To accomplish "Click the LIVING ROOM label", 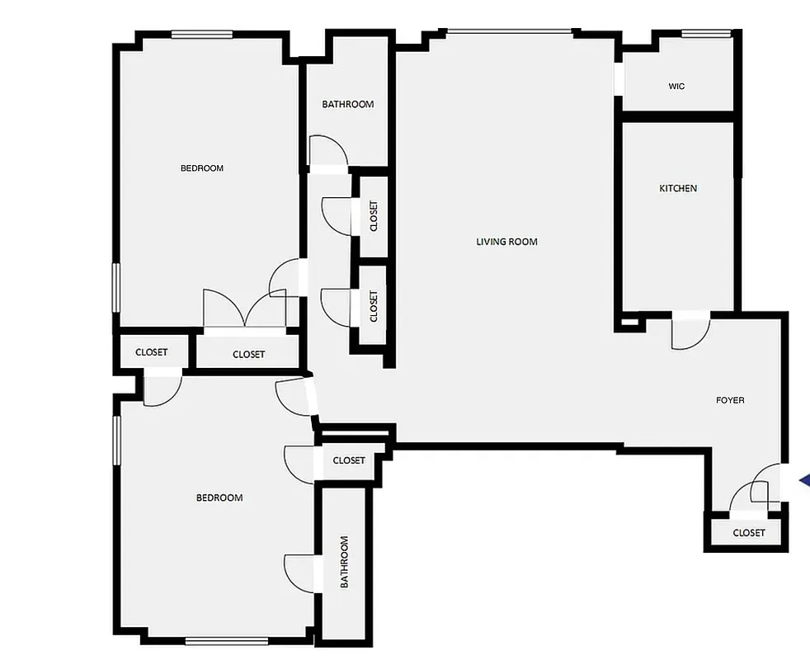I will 506,242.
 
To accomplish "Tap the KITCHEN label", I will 678,188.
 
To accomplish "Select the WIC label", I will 676,87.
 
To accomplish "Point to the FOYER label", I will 730,400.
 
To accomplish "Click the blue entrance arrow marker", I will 804,482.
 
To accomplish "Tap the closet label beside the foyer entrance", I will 748,533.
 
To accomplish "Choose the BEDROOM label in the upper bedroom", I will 202,168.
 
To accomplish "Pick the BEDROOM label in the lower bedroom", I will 219,497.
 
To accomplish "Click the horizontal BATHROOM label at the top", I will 347,104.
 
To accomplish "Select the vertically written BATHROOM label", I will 345,562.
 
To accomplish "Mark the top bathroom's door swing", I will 327,152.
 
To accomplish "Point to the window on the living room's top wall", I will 509,32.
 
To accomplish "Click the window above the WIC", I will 707,34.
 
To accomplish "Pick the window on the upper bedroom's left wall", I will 116,287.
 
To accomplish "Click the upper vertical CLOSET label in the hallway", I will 374,216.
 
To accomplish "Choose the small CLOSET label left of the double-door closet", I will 151,352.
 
